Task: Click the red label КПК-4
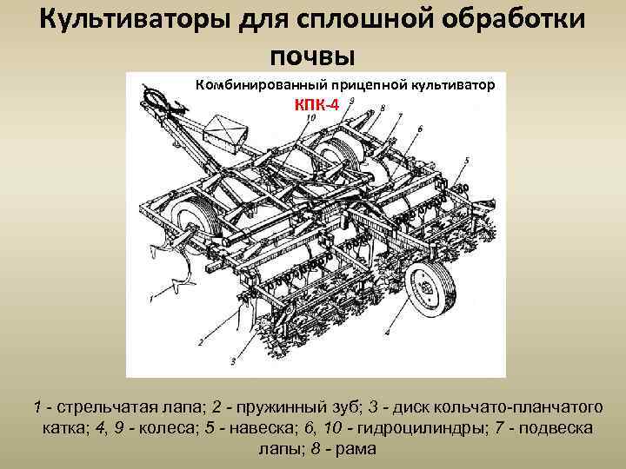tap(315, 102)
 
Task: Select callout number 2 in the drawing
tap(201, 342)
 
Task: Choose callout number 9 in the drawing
tap(350, 102)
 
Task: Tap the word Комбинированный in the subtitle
tap(258, 84)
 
